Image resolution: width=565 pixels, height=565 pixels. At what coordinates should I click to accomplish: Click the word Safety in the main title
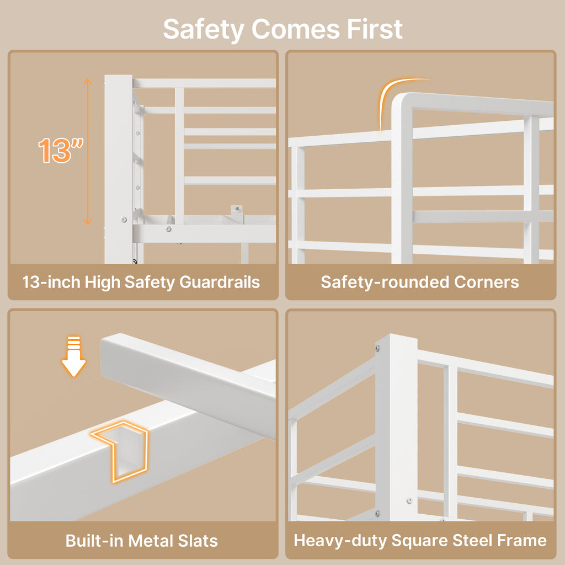click(204, 30)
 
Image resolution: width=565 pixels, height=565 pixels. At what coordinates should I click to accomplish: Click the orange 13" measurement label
click(61, 150)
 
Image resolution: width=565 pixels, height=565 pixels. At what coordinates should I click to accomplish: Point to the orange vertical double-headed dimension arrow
click(88, 151)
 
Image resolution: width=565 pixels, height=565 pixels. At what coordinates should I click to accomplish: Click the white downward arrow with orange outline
click(74, 356)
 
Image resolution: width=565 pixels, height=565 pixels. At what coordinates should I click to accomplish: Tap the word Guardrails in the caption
click(220, 282)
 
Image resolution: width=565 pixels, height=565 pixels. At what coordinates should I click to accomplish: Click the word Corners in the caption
click(487, 282)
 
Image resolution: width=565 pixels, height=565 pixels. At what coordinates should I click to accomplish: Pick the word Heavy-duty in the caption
click(340, 541)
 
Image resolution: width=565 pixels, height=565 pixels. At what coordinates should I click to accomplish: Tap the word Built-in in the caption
click(94, 541)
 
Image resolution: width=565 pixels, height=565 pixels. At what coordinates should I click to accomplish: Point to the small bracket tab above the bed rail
click(237, 210)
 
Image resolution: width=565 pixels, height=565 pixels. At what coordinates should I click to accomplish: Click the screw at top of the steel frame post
click(377, 348)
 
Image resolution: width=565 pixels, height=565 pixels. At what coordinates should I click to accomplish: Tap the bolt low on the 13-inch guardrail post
click(124, 219)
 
